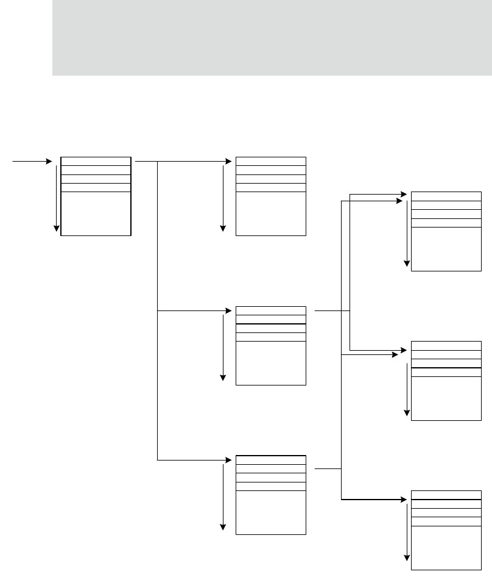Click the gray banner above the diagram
pos(272,38)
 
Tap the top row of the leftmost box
pos(96,161)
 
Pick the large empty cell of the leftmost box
pos(96,213)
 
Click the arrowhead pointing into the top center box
pos(229,162)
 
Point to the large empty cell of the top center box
pos(271,213)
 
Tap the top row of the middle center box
pos(271,310)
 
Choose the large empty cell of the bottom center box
pos(271,512)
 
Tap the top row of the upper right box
pos(446,196)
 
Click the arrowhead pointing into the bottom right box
pos(402,500)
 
